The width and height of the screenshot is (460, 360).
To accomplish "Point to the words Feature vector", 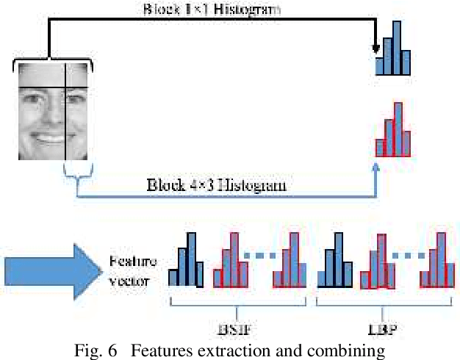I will tap(129, 269).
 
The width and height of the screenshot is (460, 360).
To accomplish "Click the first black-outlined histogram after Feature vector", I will tap(184, 260).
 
